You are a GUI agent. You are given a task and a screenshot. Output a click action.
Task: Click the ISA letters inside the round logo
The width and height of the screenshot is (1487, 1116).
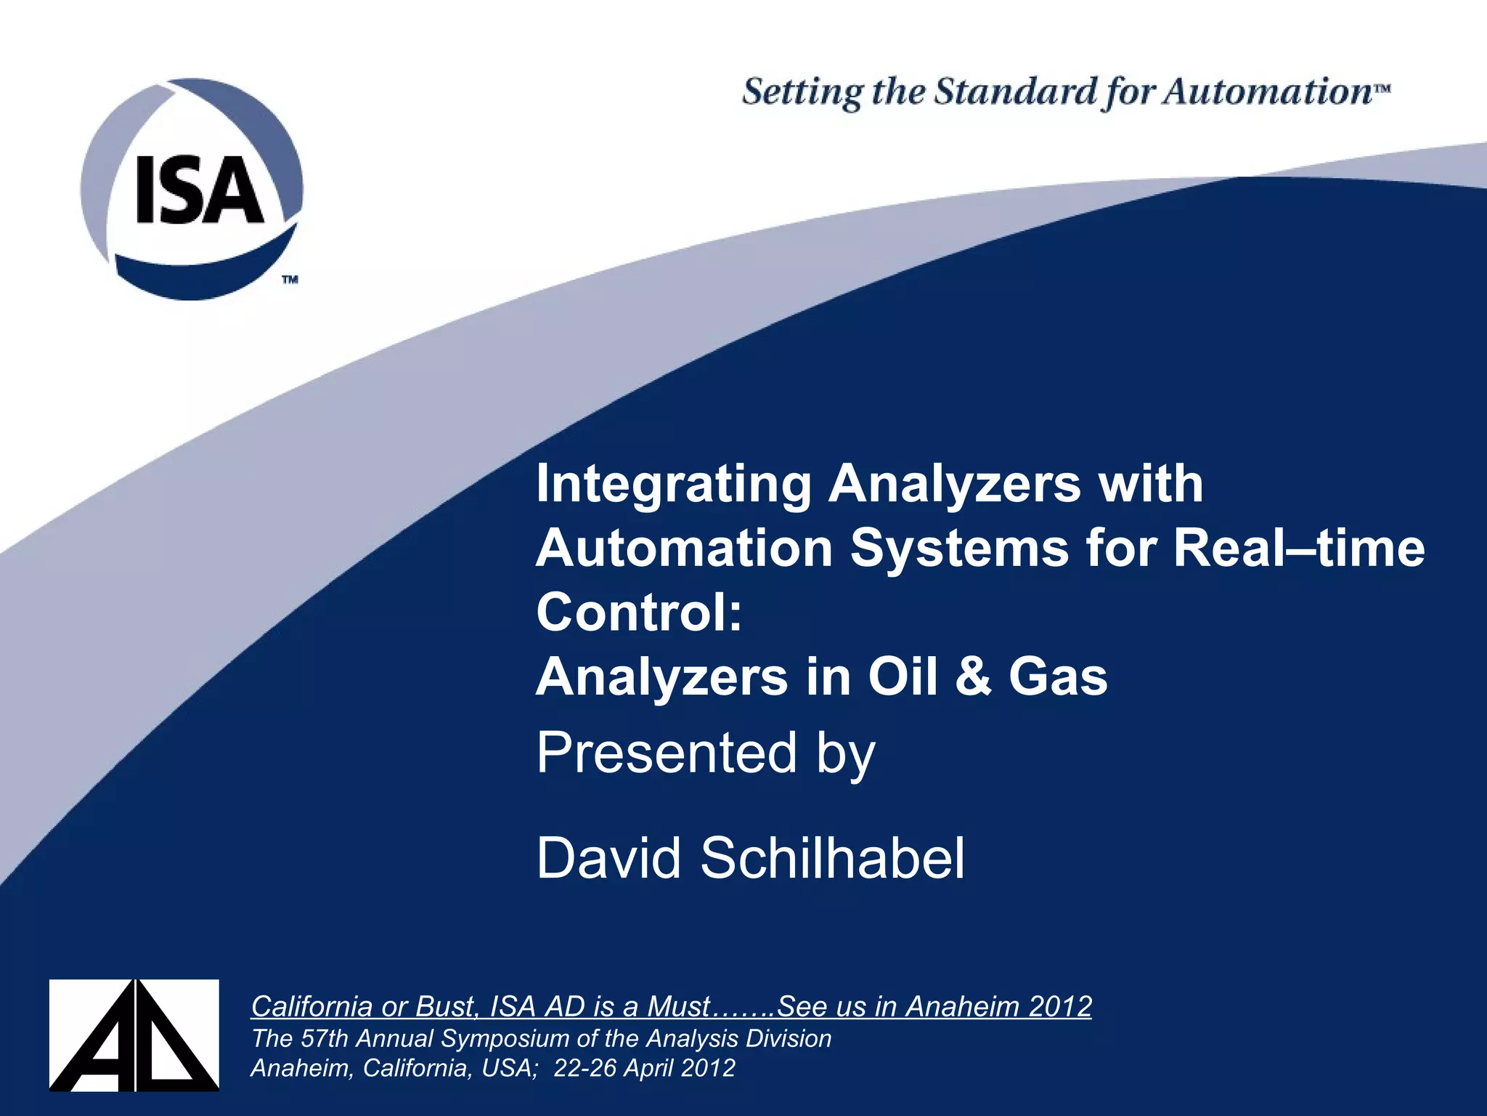tap(200, 191)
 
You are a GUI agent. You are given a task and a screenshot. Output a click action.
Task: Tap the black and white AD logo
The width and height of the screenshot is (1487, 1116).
tap(134, 1035)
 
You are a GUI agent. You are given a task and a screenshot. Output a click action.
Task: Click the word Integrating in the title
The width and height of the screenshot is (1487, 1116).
tap(673, 484)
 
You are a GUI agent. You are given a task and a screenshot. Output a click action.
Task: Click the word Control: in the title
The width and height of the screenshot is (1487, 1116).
tap(639, 612)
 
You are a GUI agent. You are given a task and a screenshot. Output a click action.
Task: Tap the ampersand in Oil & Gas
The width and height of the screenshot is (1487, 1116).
tap(973, 676)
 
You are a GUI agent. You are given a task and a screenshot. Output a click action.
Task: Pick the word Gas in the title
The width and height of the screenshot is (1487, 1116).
tap(1058, 676)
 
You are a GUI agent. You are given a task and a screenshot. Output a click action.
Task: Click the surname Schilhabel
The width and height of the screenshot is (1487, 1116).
tap(832, 858)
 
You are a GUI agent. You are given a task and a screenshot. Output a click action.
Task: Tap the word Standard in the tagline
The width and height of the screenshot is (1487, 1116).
tap(1015, 93)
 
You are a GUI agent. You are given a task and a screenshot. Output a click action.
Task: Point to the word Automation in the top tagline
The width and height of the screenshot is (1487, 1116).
tap(1267, 93)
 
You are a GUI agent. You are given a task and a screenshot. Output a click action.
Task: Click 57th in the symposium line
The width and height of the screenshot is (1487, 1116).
tap(324, 1039)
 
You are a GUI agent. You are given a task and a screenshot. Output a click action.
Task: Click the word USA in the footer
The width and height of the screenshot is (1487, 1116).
tap(508, 1068)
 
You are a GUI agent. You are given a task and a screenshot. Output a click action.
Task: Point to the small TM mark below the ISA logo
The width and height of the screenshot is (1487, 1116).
tap(290, 279)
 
